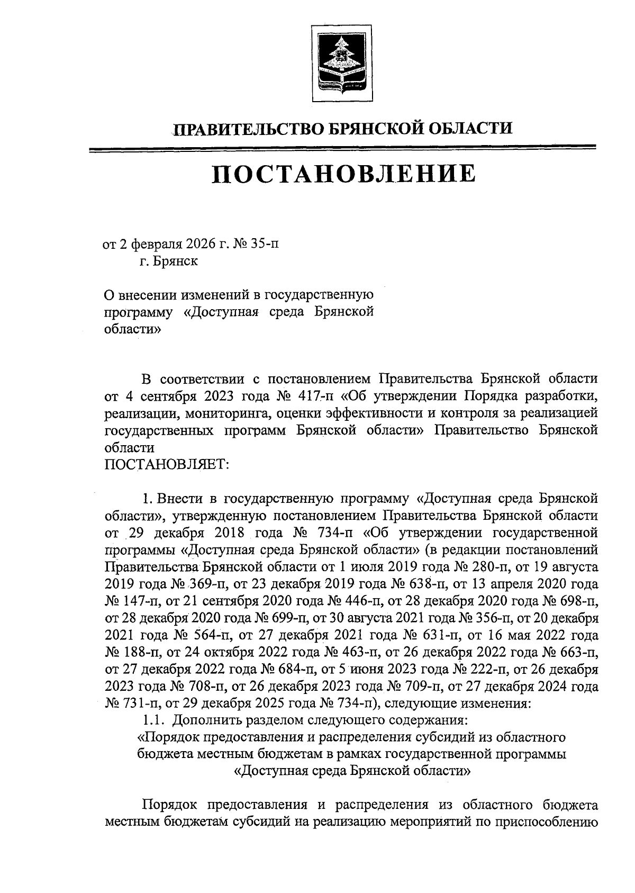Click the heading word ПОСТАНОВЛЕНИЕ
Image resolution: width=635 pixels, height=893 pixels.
coord(343,174)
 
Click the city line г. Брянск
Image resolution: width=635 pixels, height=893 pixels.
coord(169,261)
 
